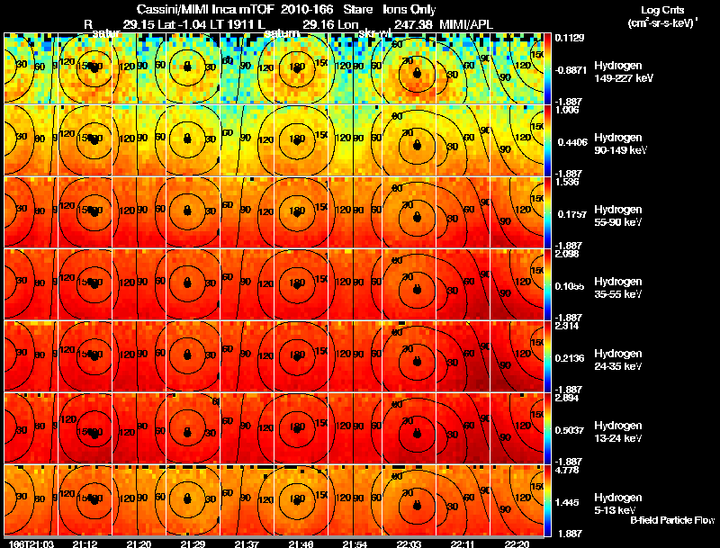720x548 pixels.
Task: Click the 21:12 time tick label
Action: coord(85,544)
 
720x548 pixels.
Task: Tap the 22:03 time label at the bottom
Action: coord(409,544)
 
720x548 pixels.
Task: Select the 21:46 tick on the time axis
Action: coord(301,544)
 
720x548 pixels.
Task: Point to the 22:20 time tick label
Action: coord(517,544)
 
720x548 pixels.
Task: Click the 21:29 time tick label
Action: coord(193,544)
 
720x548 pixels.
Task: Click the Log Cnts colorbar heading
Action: coord(660,15)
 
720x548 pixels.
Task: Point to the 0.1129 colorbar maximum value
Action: coord(568,37)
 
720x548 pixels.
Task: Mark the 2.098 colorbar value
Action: coord(566,254)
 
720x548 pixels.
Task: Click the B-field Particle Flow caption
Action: coord(671,520)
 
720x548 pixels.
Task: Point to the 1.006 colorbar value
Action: coord(566,110)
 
